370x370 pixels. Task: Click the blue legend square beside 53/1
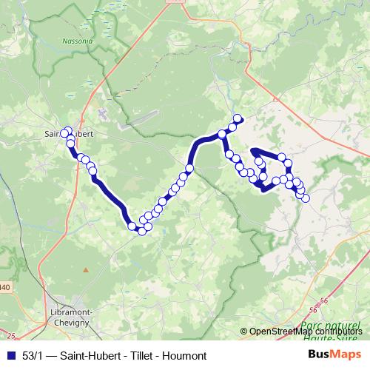(x=10, y=356)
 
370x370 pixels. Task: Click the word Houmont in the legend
(x=186, y=356)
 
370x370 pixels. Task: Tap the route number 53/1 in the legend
(x=35, y=356)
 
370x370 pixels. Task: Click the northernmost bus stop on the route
(x=238, y=118)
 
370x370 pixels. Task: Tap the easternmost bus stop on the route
(x=305, y=197)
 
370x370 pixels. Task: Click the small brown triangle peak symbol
(x=85, y=270)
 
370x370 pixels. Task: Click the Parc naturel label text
(x=331, y=326)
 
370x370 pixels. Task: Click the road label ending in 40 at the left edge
(x=4, y=287)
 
